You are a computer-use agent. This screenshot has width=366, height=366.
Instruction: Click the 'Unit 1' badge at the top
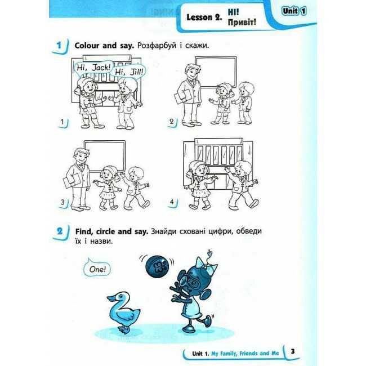[x=294, y=11]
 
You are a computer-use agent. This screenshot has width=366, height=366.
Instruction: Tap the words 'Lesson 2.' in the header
[x=204, y=17]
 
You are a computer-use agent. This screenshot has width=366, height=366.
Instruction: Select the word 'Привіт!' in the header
[x=242, y=22]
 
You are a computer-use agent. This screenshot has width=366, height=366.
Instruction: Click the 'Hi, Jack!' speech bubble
[x=93, y=68]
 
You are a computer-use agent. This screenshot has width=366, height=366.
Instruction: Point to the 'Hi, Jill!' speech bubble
[x=128, y=72]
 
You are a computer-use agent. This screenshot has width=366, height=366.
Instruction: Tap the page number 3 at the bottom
[x=293, y=351]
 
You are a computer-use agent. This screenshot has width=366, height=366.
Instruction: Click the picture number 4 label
[x=172, y=202]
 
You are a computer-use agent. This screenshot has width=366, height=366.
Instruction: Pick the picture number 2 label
[x=172, y=122]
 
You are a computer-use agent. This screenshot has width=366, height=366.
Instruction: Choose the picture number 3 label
[x=63, y=202]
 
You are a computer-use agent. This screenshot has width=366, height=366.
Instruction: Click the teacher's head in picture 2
[x=193, y=71]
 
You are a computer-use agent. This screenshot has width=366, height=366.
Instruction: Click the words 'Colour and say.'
[x=104, y=46]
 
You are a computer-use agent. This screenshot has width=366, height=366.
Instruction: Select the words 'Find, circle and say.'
[x=112, y=231]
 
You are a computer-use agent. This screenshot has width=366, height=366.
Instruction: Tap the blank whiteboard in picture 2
[x=216, y=73]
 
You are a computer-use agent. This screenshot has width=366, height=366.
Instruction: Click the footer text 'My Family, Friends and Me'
[x=245, y=354]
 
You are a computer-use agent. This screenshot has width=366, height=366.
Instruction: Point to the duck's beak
[x=110, y=298]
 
